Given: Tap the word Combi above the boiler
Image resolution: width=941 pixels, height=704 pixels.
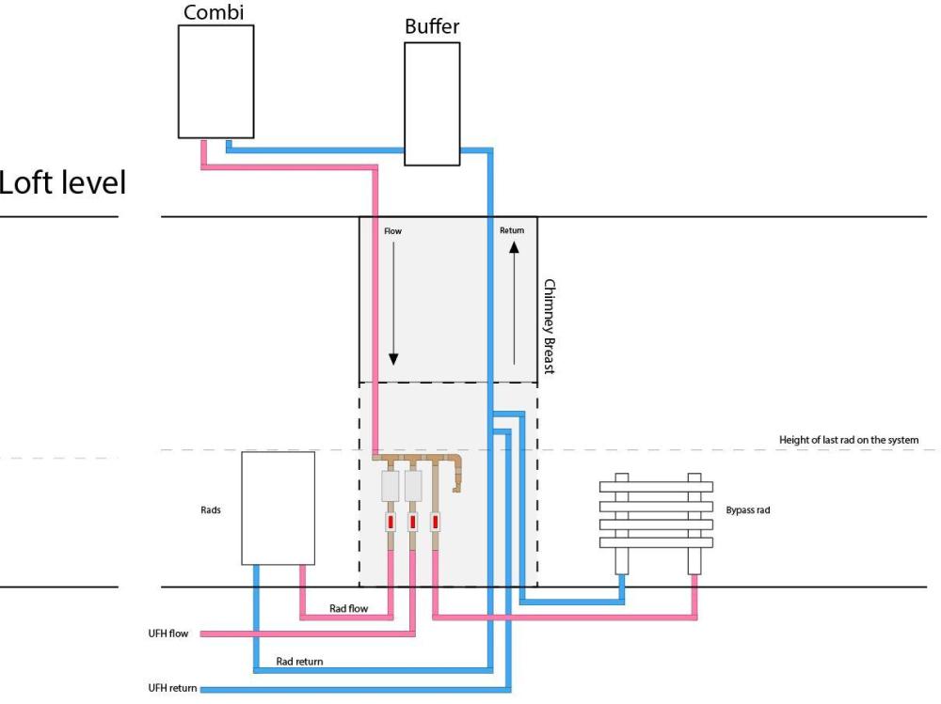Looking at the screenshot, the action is [214, 12].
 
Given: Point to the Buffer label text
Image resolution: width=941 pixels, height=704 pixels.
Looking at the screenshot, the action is [432, 26].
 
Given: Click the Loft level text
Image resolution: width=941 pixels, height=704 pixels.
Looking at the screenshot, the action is [62, 182].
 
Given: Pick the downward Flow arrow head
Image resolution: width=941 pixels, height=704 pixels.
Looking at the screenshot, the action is [393, 359].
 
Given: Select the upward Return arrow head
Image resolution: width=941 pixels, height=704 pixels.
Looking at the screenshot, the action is [515, 247].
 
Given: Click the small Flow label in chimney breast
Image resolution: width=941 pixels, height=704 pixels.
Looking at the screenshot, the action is [393, 231].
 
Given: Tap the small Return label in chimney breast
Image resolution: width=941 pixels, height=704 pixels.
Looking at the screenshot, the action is [512, 230].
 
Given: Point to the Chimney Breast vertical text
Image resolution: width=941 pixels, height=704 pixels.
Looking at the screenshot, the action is [550, 326].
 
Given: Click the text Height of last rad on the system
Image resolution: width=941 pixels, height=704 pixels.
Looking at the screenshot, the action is [849, 440].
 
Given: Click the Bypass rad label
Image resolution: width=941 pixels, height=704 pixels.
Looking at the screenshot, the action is [748, 509].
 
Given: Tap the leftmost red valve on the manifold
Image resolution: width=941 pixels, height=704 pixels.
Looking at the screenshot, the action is [391, 522].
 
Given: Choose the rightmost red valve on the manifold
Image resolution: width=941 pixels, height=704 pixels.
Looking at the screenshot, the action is [435, 522].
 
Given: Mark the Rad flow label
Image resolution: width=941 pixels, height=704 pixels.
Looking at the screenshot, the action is [349, 608].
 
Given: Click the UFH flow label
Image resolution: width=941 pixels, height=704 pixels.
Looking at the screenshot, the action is [168, 634].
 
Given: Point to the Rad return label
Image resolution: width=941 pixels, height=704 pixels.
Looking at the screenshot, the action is [299, 661].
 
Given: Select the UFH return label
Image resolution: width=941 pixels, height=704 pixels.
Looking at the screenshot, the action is [172, 688].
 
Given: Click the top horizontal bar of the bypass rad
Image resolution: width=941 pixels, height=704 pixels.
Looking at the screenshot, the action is [657, 486].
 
